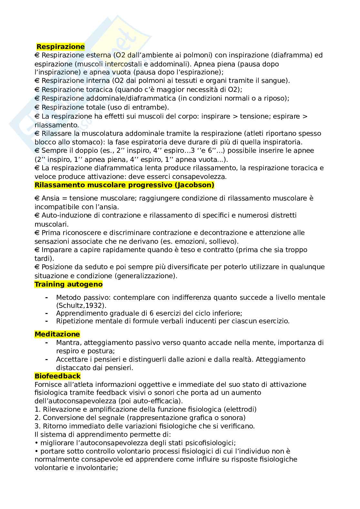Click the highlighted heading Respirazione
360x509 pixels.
[60, 47]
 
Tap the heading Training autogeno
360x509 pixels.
[68, 284]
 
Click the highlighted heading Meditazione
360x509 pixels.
[57, 334]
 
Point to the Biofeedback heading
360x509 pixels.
[57, 376]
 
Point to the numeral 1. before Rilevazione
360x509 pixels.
[37, 409]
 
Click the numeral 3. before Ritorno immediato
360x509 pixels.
[37, 426]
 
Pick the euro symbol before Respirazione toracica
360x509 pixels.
[37, 90]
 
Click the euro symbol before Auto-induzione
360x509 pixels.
[37, 215]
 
